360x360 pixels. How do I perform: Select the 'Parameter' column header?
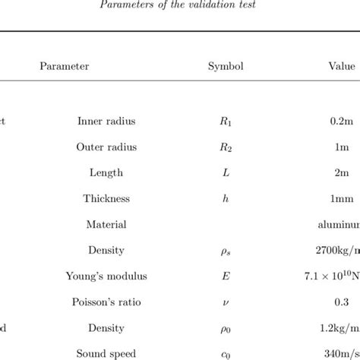tap(65, 66)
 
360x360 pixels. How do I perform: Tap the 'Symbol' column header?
tap(226, 66)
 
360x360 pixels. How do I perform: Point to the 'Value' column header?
tap(342, 66)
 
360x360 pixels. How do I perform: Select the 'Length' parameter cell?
tap(106, 172)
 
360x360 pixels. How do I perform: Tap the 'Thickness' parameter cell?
tap(106, 198)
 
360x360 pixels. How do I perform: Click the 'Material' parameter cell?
tap(106, 224)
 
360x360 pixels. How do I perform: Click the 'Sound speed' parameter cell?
tap(106, 353)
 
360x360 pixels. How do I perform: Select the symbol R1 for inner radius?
tap(226, 121)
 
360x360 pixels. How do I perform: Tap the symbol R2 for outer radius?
tap(226, 147)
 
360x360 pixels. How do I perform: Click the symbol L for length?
tap(226, 172)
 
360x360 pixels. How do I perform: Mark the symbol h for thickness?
tap(226, 198)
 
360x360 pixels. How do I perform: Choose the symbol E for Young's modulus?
tap(226, 276)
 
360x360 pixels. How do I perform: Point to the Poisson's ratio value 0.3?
tap(342, 302)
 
